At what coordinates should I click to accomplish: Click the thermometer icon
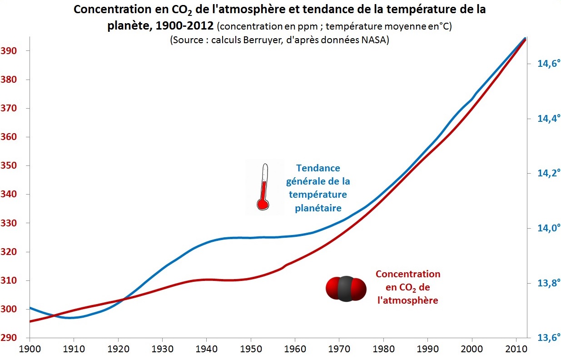tap(263, 187)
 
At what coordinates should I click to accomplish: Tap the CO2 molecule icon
tap(345, 289)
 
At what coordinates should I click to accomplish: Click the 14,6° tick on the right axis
tap(546, 64)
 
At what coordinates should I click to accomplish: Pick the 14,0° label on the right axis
tap(546, 228)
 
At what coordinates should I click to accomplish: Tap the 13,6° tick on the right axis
tap(546, 338)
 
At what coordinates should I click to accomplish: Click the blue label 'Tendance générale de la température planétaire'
tap(318, 188)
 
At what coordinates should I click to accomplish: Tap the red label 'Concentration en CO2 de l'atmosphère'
tap(407, 287)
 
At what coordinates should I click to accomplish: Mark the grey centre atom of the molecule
tap(345, 289)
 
